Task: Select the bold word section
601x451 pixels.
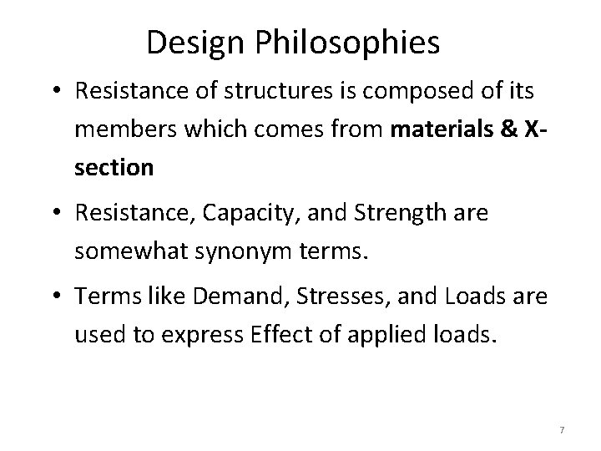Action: (114, 168)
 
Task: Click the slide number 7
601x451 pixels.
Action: (562, 429)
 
